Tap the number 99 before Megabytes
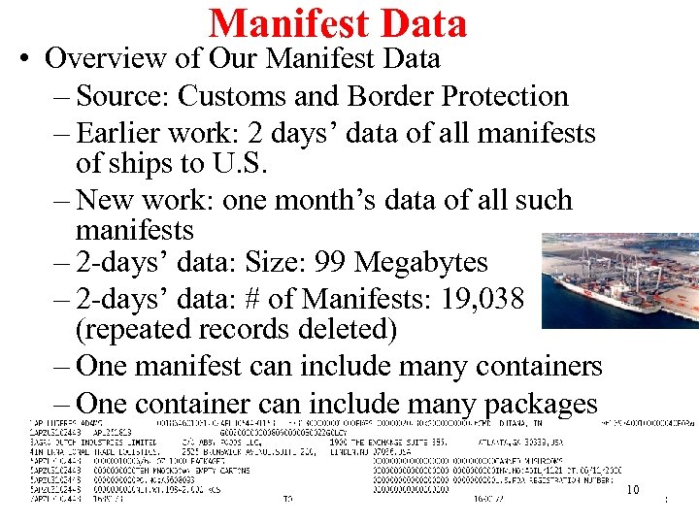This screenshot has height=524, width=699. click(333, 262)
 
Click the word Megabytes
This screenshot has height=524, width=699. click(421, 262)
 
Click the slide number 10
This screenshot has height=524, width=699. click(632, 489)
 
